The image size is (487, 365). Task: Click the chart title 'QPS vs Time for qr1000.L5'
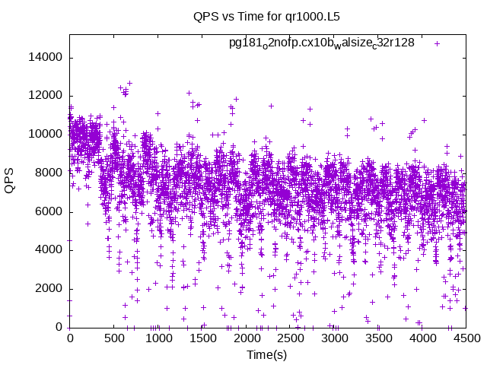click(x=266, y=15)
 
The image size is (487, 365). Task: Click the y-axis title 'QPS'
click(x=10, y=181)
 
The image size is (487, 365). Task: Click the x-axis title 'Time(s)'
click(x=267, y=355)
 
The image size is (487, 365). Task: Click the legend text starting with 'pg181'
click(x=322, y=43)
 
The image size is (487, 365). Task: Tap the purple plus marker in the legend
click(x=437, y=43)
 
